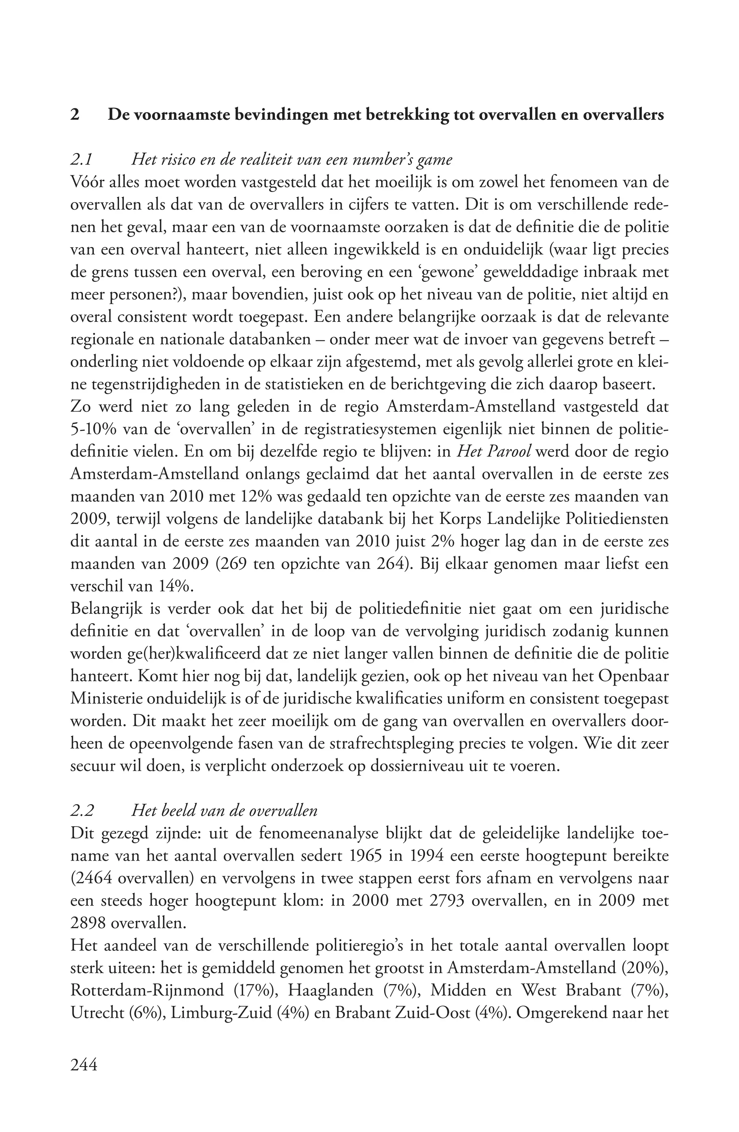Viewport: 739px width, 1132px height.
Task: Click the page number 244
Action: (x=84, y=1065)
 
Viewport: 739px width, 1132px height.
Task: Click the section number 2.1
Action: (x=81, y=159)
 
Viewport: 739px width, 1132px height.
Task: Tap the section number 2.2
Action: (x=81, y=810)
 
